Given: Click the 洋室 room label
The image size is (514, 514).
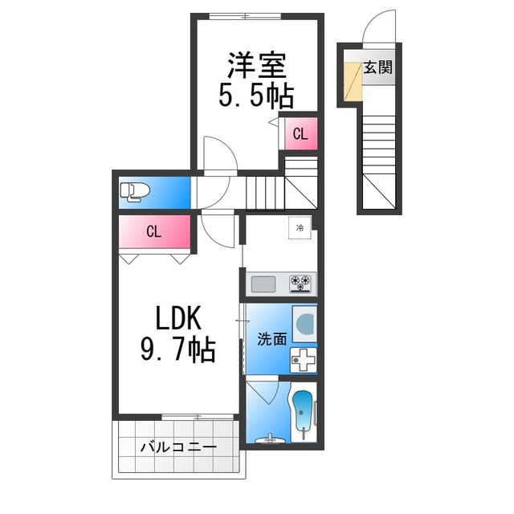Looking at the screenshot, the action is (257, 65).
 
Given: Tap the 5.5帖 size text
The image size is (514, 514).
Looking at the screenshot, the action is (255, 96).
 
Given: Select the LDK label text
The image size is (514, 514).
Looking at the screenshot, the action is (178, 318).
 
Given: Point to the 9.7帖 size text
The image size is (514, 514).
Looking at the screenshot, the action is (178, 349).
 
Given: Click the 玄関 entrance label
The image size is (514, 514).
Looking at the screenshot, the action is (378, 67).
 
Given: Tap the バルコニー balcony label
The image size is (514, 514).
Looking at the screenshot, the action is (178, 447).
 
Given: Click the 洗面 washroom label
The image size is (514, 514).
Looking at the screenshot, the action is (271, 339).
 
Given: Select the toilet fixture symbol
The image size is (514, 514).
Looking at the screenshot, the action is (135, 192).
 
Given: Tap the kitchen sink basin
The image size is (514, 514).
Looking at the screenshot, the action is (263, 284).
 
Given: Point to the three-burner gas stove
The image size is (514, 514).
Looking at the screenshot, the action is (300, 284).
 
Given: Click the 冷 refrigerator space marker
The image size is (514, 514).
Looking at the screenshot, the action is (300, 227).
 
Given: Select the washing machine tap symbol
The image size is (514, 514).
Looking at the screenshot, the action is (304, 360).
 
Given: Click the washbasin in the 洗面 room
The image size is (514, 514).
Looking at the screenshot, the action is (304, 323).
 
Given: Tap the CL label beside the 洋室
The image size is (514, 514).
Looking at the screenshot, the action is (300, 133).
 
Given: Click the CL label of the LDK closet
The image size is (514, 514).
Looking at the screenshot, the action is (153, 232).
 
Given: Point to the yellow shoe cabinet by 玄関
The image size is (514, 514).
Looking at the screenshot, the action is (353, 80).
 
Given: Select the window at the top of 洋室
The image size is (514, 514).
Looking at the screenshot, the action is (245, 16).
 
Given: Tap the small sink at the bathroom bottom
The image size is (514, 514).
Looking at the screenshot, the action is (269, 439).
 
